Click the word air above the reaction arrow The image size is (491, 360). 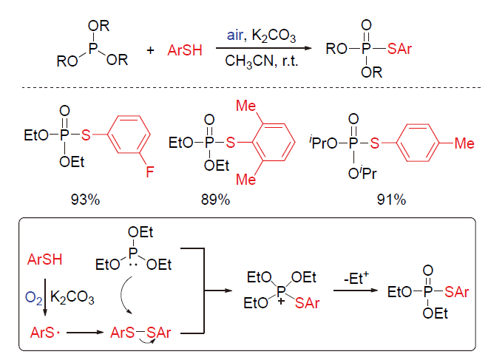[234, 35]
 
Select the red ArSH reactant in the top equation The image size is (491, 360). [185, 50]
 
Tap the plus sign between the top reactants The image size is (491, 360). [151, 50]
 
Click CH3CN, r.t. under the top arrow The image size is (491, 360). [262, 61]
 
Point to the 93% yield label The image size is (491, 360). [85, 200]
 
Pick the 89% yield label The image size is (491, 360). [215, 200]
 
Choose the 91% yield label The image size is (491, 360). [391, 200]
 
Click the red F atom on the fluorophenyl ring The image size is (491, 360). [150, 171]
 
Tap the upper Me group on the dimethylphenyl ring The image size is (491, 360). [245, 106]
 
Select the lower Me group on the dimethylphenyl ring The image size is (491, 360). [245, 180]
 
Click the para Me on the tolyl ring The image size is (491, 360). [464, 143]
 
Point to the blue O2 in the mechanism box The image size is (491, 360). [33, 297]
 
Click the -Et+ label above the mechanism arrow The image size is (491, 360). [356, 278]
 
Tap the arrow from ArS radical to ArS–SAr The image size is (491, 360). [85, 333]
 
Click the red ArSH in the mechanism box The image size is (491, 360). [45, 259]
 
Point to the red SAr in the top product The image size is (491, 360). [399, 49]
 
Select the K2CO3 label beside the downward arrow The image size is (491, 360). [72, 297]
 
